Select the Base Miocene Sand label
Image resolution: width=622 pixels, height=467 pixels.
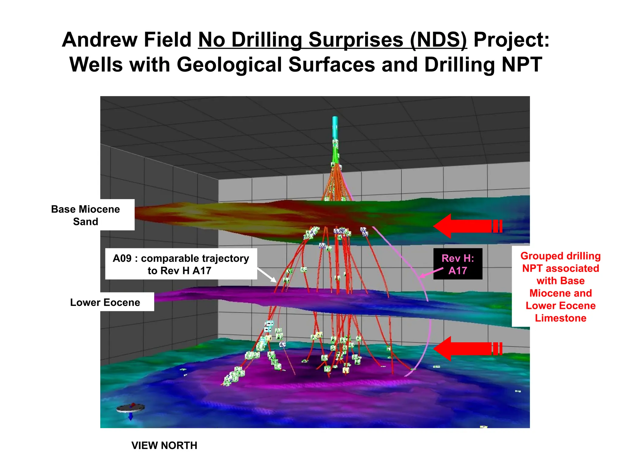point(86,215)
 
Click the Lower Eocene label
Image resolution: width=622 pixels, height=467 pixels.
point(105,302)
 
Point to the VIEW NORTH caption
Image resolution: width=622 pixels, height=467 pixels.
point(164,445)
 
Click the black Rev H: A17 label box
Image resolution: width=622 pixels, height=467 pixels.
point(457,264)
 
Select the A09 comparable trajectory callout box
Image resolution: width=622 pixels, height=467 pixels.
point(181,264)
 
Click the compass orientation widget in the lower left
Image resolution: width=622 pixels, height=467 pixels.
point(131,409)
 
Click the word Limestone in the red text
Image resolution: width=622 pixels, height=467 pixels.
point(560,318)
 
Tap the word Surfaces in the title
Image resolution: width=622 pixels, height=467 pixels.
point(332,64)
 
